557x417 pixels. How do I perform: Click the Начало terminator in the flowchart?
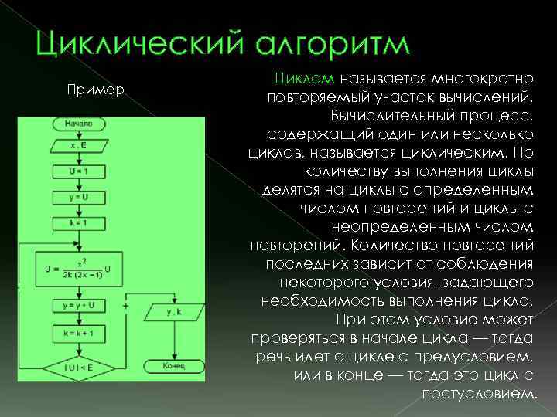pos(79,123)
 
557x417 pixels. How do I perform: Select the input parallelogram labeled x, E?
pos(79,144)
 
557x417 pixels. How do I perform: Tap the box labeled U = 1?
pos(79,170)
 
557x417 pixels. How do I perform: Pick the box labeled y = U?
pos(79,197)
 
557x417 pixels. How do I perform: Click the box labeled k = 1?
pos(79,223)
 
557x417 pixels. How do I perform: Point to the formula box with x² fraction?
pos(79,270)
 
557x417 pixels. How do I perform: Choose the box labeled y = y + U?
pos(79,307)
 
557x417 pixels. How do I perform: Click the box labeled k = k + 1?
pos(79,333)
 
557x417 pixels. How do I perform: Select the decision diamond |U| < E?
pos(79,368)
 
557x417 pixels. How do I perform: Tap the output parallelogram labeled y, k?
pos(173,312)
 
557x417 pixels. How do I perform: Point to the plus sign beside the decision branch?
pos(147,305)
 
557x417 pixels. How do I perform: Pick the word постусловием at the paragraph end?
pos(479,392)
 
